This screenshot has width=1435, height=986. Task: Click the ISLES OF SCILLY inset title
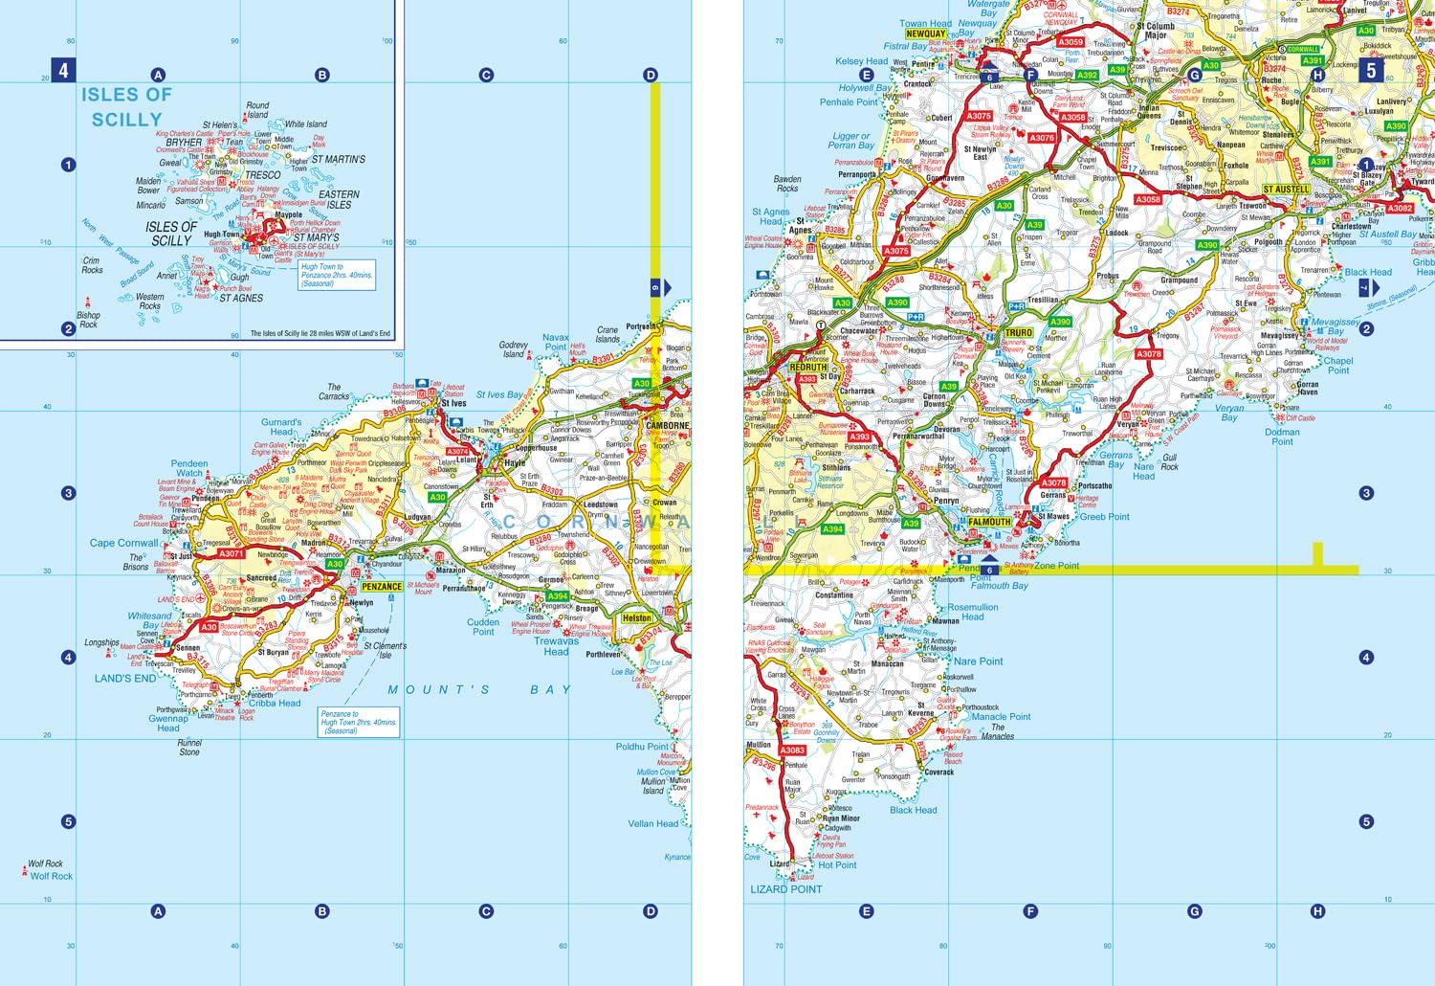pos(126,106)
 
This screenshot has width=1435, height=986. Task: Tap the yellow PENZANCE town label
pos(382,587)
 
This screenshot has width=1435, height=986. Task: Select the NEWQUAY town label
pos(925,34)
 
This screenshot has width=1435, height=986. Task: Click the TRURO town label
pos(1019,333)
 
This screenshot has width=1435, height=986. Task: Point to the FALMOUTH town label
pos(989,522)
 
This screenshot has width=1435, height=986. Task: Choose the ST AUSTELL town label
pos(1286,190)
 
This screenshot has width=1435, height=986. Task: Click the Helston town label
pos(637,618)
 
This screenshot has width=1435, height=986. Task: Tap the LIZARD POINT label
pos(785,889)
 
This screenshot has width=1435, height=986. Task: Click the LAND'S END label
pos(125,679)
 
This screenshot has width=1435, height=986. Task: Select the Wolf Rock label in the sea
pos(51,876)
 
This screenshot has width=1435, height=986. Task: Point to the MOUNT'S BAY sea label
pos(479,689)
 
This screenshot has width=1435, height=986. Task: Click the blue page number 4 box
pos(63,70)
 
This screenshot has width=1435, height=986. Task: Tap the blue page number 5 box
pos(1371,70)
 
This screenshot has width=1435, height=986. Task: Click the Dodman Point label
pos(1282,437)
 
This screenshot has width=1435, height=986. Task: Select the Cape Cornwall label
pos(123,543)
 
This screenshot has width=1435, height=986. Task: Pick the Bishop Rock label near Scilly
pos(88,320)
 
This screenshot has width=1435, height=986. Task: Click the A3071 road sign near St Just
pos(232,553)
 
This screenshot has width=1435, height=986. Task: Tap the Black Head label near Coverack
pos(913,810)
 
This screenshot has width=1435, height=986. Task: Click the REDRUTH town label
pos(808,367)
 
